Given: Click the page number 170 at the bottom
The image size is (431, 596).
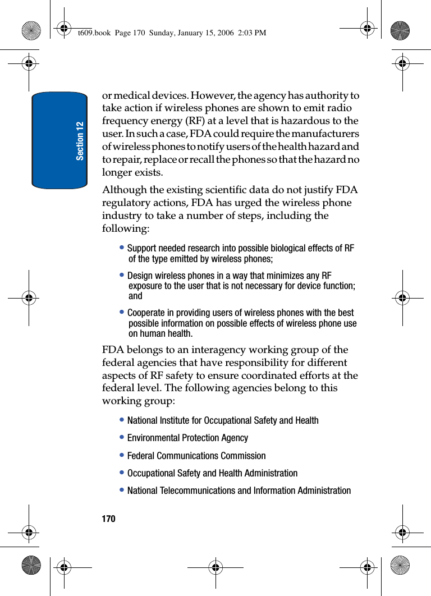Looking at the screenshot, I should tap(108, 519).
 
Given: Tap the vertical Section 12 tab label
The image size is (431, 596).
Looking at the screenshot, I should tap(80, 140).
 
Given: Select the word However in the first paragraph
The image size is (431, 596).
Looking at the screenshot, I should tap(223, 95).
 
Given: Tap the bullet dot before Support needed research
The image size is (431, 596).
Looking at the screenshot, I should tap(122, 247).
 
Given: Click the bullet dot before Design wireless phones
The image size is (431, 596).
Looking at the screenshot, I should tap(122, 276).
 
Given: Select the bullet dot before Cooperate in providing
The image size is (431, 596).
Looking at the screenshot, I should tap(122, 312).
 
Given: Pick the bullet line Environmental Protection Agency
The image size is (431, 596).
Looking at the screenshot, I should tap(187, 438).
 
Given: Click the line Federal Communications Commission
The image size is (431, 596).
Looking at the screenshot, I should tap(196, 456).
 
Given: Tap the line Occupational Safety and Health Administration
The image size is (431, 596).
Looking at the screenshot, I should tap(212, 473).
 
